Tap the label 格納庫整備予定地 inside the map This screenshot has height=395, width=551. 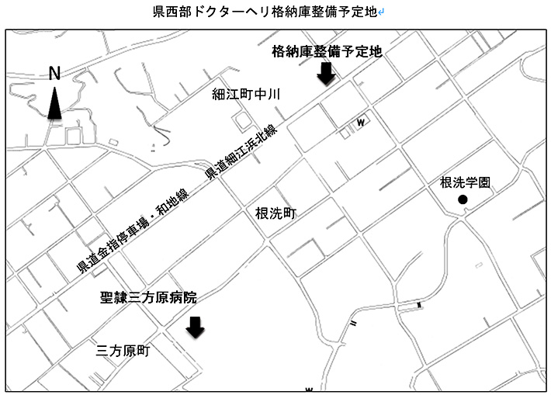[x=327, y=52]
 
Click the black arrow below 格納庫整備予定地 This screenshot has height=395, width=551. [x=327, y=74]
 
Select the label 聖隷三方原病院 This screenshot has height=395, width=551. [x=149, y=297]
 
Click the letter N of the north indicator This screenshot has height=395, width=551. [x=54, y=74]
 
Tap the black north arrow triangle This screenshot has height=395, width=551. [x=54, y=104]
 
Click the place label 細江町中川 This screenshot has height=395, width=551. [x=246, y=95]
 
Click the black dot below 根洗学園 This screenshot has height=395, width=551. [x=463, y=200]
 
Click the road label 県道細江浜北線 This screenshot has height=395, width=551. [x=241, y=151]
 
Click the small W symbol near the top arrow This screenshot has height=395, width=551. [x=361, y=123]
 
